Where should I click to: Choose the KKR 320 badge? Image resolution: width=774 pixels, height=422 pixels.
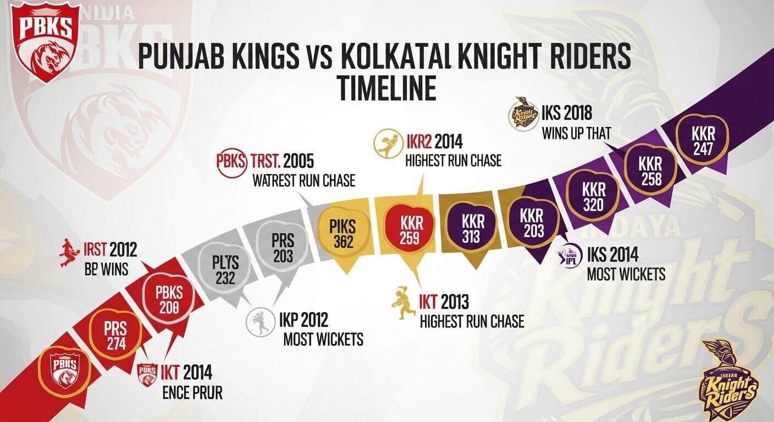pyautogui.click(x=594, y=197)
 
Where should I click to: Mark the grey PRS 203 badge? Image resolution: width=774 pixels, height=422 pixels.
pyautogui.click(x=283, y=247)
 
